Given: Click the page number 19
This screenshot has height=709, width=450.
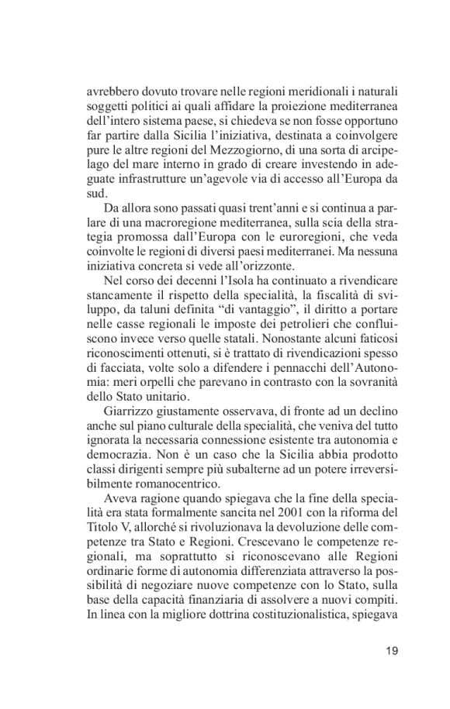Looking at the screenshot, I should tap(390, 651).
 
